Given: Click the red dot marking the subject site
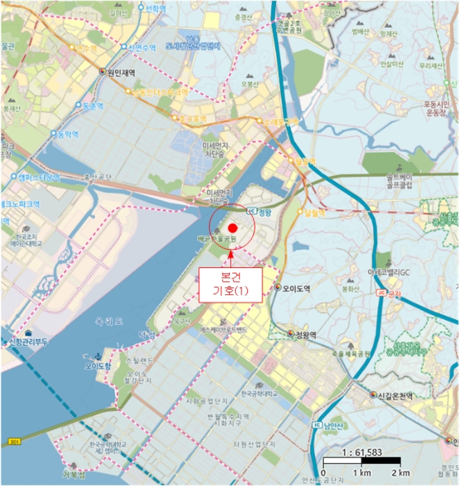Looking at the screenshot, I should tap(233, 228).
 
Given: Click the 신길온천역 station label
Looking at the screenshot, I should tap(394, 396).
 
